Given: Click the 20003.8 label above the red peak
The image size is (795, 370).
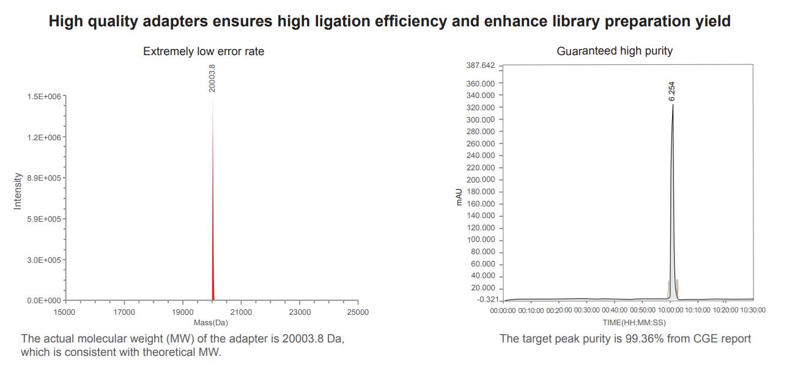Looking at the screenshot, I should point(212,78).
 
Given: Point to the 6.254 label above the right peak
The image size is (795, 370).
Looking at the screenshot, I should point(671,91).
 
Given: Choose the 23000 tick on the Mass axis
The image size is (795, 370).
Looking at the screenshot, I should point(299,312).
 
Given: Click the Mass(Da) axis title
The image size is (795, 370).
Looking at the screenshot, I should point(210,322).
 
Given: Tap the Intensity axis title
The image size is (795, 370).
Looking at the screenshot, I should point(17,191).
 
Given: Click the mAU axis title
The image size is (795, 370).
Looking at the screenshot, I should point(460,197).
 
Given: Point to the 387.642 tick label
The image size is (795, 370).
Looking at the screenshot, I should point(480,66).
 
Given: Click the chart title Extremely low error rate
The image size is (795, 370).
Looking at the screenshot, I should point(204,51).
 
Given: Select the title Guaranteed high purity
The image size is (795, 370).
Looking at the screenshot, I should point(614,51).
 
